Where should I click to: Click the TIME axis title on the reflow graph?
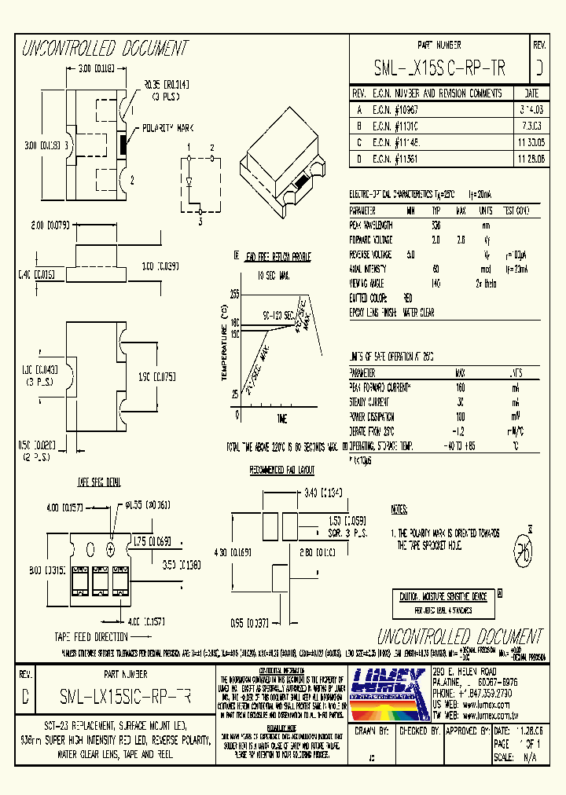pos(282,417)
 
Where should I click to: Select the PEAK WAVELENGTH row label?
pos(371,225)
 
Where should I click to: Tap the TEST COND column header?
pos(516,211)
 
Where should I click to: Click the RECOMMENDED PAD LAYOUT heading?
pos(282,471)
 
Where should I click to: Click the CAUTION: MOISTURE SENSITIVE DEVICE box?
pos(443,596)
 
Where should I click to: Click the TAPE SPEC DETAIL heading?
pos(98,480)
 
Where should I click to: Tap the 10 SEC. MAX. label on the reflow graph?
pos(274,277)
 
